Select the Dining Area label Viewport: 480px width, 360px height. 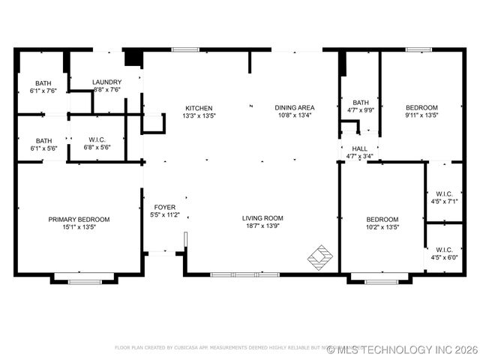coord(295,108)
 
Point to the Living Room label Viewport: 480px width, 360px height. coord(262,218)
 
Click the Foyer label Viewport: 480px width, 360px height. coord(165,207)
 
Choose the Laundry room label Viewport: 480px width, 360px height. coord(106,82)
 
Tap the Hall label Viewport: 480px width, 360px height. coord(359,148)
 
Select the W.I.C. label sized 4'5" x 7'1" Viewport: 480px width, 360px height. coord(444,193)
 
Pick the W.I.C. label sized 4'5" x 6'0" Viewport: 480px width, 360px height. coord(444,250)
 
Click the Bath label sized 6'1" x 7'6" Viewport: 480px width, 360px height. coord(43,83)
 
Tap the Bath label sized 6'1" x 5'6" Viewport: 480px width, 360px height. coord(43,140)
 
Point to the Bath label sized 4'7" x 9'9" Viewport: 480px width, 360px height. coord(361,103)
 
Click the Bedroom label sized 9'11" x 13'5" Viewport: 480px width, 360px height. coord(421,108)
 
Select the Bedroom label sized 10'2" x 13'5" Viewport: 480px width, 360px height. coord(382,219)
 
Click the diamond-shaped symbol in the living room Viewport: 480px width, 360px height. coord(320,256)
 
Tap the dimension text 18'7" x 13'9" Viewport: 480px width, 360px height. coord(262,226)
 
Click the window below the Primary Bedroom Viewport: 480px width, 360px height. coord(84,281)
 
